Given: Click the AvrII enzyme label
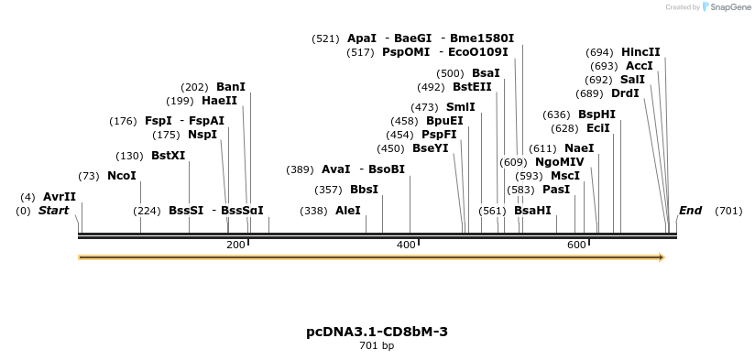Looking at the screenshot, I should [60, 197].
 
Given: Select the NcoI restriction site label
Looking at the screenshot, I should [122, 176].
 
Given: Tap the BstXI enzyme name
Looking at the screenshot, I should [168, 156].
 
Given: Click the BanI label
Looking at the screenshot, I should [231, 87].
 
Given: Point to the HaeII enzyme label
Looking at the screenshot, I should [219, 101].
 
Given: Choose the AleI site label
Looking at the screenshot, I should [348, 211].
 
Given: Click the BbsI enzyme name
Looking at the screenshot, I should [364, 190].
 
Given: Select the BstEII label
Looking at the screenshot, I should [472, 87].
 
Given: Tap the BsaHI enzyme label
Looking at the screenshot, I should [532, 211].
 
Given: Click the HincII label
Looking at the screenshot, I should [640, 52].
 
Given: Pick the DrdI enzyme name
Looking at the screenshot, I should [625, 93].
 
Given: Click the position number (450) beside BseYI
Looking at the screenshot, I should [390, 148].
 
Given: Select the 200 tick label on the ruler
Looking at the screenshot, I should [235, 245].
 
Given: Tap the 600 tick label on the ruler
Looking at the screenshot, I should [576, 245].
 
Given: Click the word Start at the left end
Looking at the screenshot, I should [53, 211].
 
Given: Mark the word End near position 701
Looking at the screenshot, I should [690, 211].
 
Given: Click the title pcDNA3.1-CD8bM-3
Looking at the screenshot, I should [377, 332].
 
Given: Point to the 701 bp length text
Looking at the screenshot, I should [377, 346].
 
